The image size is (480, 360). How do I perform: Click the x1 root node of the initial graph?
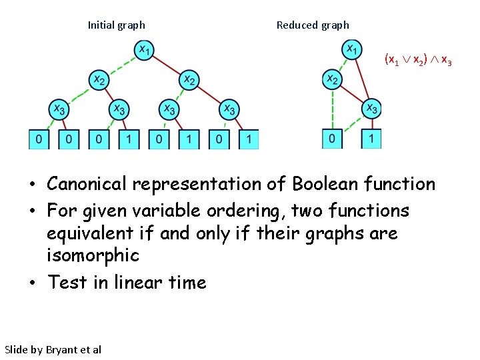[144, 50]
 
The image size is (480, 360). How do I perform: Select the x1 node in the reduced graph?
[352, 50]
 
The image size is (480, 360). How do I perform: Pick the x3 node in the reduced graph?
[372, 108]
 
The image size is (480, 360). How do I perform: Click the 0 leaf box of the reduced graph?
[332, 139]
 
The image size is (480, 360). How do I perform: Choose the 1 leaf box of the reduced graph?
[371, 139]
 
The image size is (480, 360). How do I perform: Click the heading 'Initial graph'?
[117, 25]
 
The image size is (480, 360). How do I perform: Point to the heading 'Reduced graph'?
[313, 25]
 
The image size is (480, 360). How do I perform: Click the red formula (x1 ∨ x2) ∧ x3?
[418, 60]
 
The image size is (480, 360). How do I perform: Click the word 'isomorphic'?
[93, 255]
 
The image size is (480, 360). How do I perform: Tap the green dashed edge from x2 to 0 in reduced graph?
[332, 110]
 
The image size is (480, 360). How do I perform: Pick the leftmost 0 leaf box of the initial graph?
[39, 139]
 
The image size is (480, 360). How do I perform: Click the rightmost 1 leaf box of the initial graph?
[249, 139]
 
